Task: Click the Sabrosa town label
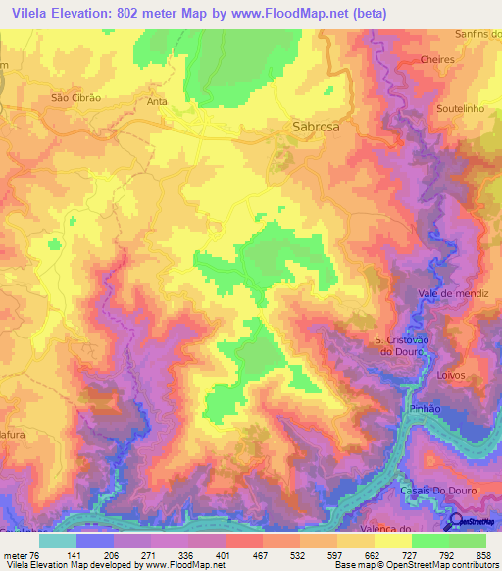pos(317,127)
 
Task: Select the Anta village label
pos(157,101)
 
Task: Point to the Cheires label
pos(435,59)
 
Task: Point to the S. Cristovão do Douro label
pos(399,346)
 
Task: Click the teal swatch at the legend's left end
pos(57,541)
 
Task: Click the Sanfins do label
pos(478,33)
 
